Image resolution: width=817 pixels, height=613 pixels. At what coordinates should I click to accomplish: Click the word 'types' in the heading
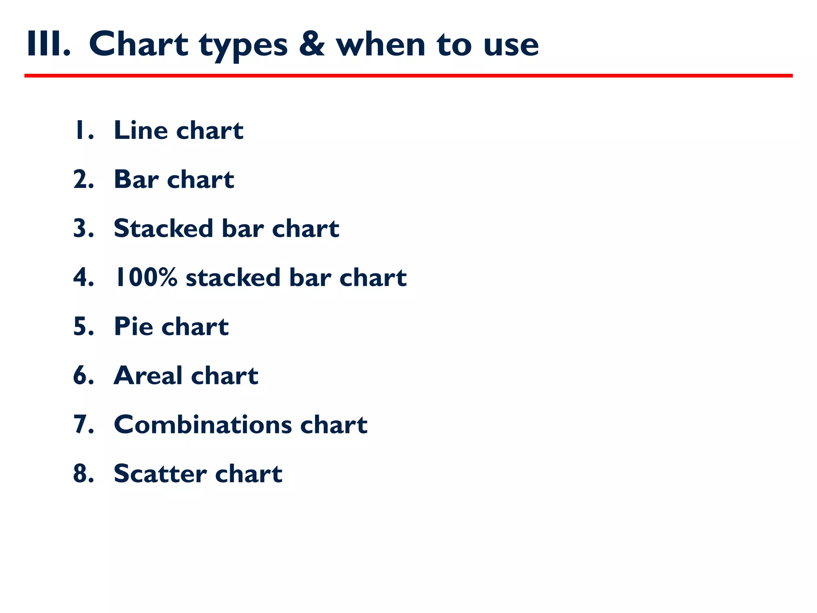(x=243, y=45)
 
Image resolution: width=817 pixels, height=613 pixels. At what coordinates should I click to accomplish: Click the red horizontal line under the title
(x=408, y=75)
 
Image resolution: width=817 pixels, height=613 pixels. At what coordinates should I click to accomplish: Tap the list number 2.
(x=83, y=179)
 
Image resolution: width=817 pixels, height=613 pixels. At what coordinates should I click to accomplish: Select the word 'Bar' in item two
(x=136, y=179)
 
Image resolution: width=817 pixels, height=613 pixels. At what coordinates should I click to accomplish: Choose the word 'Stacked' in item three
(x=163, y=228)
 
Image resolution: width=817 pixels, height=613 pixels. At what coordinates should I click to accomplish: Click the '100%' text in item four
(x=145, y=277)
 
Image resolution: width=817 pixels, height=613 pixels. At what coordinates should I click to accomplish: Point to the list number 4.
(x=83, y=277)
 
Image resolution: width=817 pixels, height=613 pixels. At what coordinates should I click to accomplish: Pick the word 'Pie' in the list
(x=133, y=326)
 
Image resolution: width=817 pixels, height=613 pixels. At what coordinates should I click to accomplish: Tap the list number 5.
(x=83, y=326)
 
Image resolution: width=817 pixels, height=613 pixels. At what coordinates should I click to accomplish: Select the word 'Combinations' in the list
(x=203, y=424)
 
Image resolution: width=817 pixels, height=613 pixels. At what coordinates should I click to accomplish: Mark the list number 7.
(x=83, y=424)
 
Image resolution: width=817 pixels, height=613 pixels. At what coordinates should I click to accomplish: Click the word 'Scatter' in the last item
(x=160, y=473)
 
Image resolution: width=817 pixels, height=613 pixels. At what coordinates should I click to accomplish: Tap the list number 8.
(x=83, y=473)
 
